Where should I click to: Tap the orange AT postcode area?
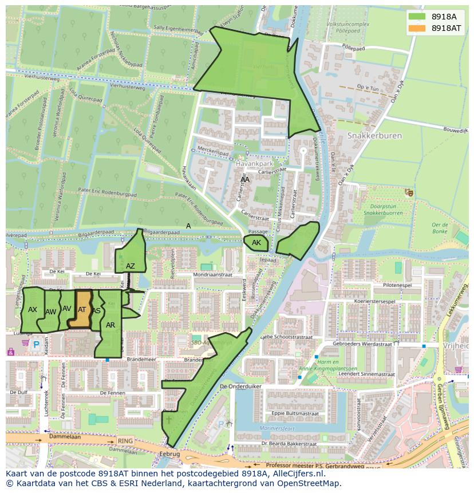click(x=81, y=310)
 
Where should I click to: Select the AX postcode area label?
click(x=33, y=310)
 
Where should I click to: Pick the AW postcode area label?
click(x=50, y=312)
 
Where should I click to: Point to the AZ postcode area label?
click(x=131, y=266)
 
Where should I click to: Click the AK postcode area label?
click(x=256, y=243)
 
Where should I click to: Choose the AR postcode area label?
click(x=110, y=325)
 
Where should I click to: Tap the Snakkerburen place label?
click(x=374, y=136)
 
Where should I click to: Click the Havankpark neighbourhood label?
click(x=252, y=163)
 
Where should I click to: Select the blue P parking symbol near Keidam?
click(x=36, y=345)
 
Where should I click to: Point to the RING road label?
click(x=124, y=441)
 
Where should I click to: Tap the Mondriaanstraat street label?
click(x=213, y=275)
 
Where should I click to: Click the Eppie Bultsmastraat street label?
click(x=294, y=412)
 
